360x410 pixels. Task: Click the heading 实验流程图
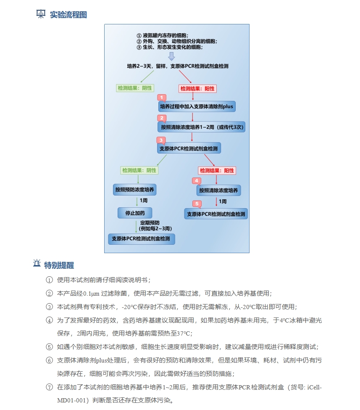(x=68, y=15)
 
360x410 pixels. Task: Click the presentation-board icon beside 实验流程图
(x=41, y=14)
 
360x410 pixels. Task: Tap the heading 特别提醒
(x=59, y=265)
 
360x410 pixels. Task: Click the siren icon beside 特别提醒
(x=37, y=264)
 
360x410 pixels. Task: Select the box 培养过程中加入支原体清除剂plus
(x=197, y=107)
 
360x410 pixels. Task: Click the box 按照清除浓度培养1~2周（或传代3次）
(x=201, y=127)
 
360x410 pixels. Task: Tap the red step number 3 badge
(x=160, y=140)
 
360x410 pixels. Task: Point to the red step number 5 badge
(x=196, y=204)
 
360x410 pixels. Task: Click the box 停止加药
(x=135, y=213)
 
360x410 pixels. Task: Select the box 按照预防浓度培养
(x=135, y=190)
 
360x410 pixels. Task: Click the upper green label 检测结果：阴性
(x=135, y=88)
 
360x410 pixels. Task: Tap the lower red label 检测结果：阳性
(x=217, y=171)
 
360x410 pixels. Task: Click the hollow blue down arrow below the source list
(x=171, y=56)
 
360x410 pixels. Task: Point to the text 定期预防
(x=150, y=222)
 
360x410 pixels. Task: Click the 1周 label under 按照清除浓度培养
(x=223, y=202)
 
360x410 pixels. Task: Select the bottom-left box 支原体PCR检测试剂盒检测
(x=141, y=239)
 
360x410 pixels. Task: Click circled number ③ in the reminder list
(x=49, y=307)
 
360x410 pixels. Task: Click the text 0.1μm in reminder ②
(x=91, y=294)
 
